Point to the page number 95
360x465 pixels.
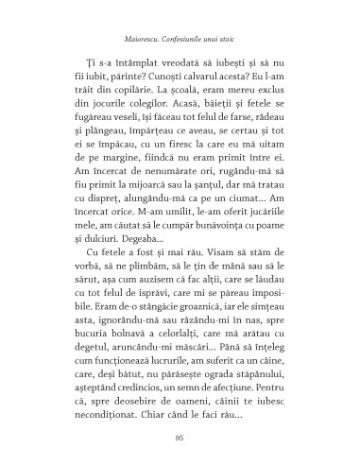coord(180,436)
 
